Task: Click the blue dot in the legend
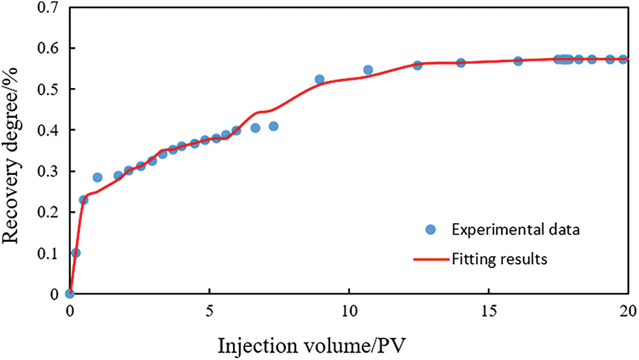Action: pos(430,230)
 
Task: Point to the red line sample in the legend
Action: pos(430,259)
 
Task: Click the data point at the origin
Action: pos(70,293)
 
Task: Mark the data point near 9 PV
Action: pos(319,80)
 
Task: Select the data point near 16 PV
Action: pos(518,61)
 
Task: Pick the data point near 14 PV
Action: pos(460,63)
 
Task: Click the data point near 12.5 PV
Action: pos(417,65)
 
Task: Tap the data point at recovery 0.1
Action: pos(76,252)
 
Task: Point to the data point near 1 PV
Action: pos(97,177)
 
